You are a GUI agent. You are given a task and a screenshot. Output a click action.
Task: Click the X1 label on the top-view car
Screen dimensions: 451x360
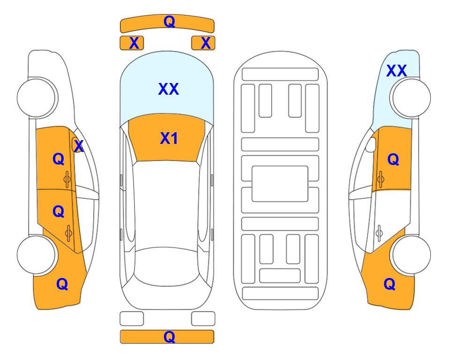[x=169, y=138]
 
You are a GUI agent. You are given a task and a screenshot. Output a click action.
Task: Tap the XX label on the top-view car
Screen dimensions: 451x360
[x=169, y=89]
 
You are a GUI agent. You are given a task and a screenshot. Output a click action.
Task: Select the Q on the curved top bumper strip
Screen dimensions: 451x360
[x=169, y=21]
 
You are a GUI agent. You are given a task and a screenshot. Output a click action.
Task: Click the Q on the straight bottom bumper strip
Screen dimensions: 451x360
[x=169, y=337]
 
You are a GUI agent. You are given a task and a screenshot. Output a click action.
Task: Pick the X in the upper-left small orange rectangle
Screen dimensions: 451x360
[x=134, y=43]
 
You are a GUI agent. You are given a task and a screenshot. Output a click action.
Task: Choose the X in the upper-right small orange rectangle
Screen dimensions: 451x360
[x=206, y=43]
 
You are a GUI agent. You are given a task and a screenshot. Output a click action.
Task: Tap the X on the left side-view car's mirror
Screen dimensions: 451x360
[x=79, y=146]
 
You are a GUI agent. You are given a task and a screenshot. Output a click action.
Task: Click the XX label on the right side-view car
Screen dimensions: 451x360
[x=396, y=71]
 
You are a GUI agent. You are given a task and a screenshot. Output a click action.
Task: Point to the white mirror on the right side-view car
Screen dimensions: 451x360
[x=371, y=144]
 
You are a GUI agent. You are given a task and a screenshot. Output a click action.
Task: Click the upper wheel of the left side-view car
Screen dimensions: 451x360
[x=37, y=97]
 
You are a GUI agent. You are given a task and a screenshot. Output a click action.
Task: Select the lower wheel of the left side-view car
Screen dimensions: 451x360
[x=37, y=255]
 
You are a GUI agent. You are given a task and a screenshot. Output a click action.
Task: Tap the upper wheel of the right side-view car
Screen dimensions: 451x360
[x=411, y=97]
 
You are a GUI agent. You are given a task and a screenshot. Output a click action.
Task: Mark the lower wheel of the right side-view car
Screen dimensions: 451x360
[x=411, y=255]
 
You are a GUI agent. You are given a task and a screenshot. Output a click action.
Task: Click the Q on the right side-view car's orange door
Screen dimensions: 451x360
[x=393, y=159]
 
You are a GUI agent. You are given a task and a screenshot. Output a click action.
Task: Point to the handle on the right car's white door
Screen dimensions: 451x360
[x=379, y=233]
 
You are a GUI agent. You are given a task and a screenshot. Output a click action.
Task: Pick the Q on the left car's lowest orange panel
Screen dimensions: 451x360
[x=62, y=284]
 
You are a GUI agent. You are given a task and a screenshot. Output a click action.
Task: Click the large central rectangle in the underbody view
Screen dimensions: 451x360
[x=280, y=184]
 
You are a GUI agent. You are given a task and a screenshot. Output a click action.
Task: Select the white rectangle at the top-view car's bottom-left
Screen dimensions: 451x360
[x=132, y=319]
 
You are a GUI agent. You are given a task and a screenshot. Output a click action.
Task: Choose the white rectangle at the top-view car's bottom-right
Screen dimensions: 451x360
[x=203, y=319]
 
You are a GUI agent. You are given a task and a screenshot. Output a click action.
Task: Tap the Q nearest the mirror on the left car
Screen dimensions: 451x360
[x=59, y=159]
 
